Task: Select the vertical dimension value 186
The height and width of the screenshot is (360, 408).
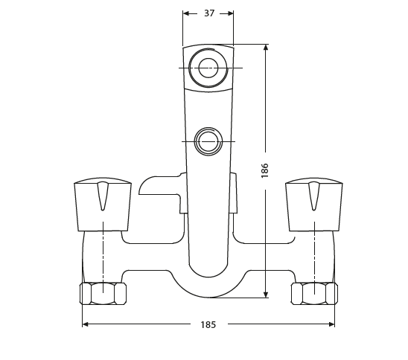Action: point(265,171)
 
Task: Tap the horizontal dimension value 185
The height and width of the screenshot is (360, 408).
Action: point(208,324)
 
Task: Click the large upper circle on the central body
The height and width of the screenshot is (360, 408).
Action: point(208,68)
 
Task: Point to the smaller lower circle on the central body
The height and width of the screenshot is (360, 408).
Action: point(208,141)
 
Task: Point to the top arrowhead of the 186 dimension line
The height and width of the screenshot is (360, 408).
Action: point(266,48)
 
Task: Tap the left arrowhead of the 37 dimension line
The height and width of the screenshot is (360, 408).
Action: point(186,13)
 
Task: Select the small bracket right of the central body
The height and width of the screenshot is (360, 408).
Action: point(234,195)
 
